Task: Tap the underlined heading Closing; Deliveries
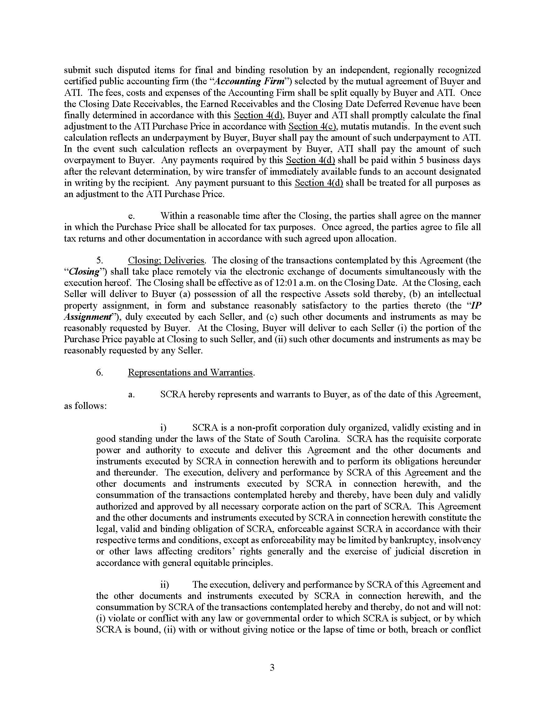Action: pyautogui.click(x=166, y=261)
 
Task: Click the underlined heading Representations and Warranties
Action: pyautogui.click(x=190, y=372)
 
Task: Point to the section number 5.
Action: pyautogui.click(x=100, y=261)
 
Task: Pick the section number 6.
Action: pyautogui.click(x=100, y=372)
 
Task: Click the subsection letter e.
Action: pyautogui.click(x=131, y=216)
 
